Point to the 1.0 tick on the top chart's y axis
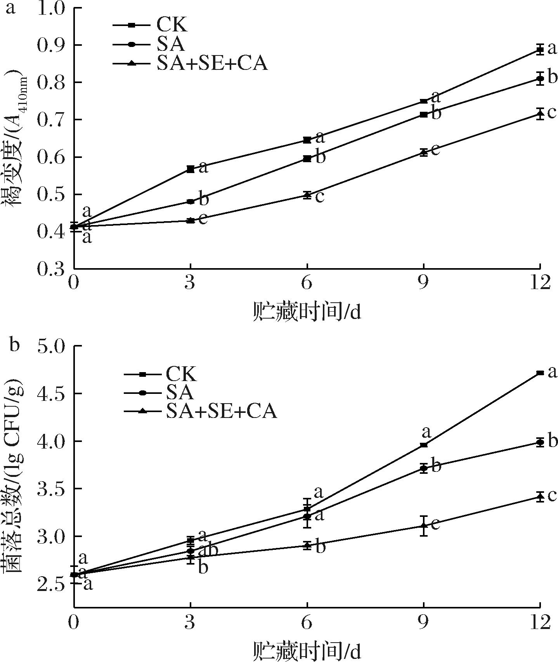(52, 9)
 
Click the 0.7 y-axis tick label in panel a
(52, 120)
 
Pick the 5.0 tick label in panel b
(52, 346)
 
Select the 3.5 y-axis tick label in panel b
(52, 489)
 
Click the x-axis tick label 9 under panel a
(423, 283)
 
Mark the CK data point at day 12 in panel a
(540, 50)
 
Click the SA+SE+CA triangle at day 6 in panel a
(307, 195)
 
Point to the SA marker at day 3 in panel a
(191, 202)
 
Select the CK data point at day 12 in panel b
(540, 373)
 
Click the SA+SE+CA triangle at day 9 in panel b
(424, 526)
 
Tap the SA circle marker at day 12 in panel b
(540, 442)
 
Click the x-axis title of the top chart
(307, 312)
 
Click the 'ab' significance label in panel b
(208, 550)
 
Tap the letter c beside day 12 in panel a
(551, 113)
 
